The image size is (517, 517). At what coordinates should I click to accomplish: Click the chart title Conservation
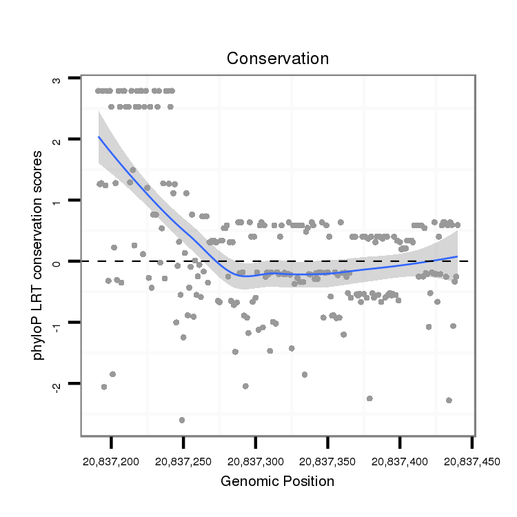tap(278, 59)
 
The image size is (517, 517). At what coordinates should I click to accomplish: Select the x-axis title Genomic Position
tap(277, 481)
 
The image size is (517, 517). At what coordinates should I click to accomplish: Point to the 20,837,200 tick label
tap(111, 459)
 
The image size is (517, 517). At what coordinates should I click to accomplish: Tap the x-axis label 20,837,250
tap(183, 459)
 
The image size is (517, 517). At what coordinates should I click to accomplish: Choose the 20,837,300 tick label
tap(256, 459)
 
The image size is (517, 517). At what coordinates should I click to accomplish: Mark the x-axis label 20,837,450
tap(472, 459)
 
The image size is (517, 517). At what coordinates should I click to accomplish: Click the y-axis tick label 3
tap(57, 80)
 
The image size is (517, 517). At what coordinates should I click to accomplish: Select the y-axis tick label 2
tap(57, 140)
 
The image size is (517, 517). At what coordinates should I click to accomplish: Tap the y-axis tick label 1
tap(57, 201)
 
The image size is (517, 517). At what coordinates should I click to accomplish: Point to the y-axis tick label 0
tap(57, 261)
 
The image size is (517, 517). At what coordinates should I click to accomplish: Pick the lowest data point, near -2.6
tap(182, 420)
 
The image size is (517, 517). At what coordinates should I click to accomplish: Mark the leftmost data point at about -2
tap(104, 387)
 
